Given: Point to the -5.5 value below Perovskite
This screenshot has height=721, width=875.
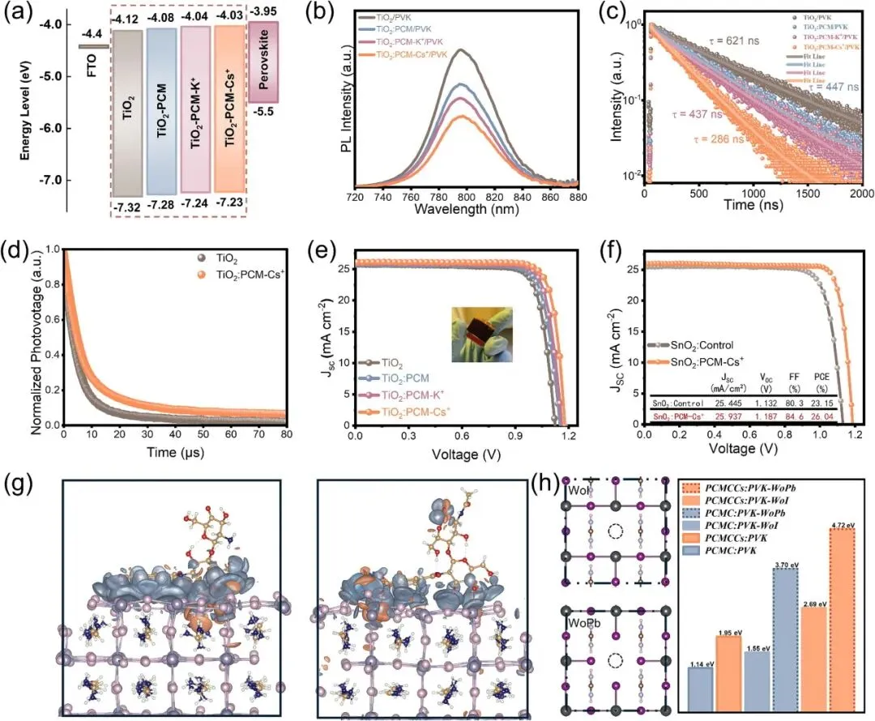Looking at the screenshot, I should click(x=262, y=114).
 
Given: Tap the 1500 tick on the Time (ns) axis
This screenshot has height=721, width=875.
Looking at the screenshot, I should click(x=808, y=195).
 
